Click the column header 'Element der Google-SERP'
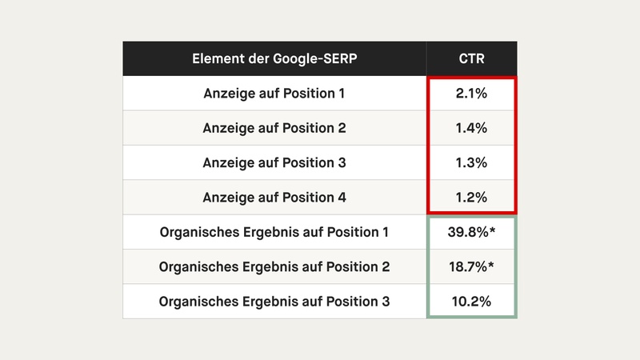tap(274, 59)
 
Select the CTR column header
tap(472, 59)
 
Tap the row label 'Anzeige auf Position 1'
tap(274, 94)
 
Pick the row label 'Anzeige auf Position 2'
tap(274, 128)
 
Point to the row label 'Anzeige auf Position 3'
tap(274, 162)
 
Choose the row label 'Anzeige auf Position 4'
tap(274, 198)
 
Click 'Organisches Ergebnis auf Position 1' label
tap(274, 232)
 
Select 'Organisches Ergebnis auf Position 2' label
tap(274, 266)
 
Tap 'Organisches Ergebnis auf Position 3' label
tap(274, 302)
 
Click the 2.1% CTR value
tap(472, 94)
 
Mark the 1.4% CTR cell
tap(472, 128)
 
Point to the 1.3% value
tap(472, 162)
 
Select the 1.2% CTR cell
tap(472, 198)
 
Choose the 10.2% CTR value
tap(472, 302)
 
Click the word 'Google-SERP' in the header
tap(318, 59)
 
